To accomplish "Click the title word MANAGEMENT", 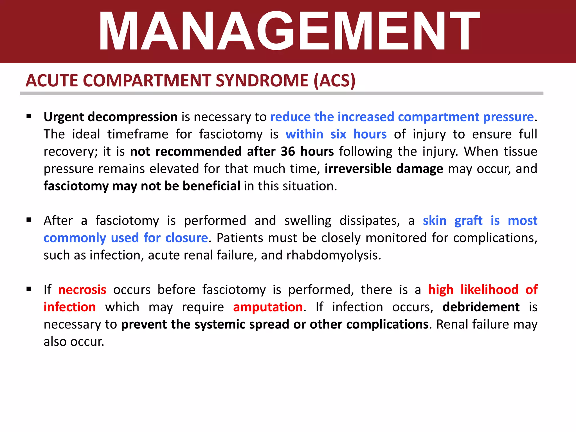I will click(x=289, y=31).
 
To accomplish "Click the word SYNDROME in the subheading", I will click(x=262, y=81).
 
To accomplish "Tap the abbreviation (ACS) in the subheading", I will click(x=334, y=81).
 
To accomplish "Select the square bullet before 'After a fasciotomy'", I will click(x=29, y=220).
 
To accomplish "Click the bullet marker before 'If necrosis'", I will click(x=29, y=289).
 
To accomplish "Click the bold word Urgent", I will click(x=64, y=117).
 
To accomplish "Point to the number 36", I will click(x=287, y=152).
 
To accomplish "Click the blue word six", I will click(x=338, y=134).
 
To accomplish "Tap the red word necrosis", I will click(x=82, y=290).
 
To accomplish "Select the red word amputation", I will click(x=268, y=307).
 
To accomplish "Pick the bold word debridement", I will click(x=481, y=307).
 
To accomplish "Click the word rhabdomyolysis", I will click(x=333, y=255).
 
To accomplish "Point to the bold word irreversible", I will click(x=358, y=169).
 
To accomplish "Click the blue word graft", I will click(x=468, y=221).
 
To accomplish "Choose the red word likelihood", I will click(x=489, y=290).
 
